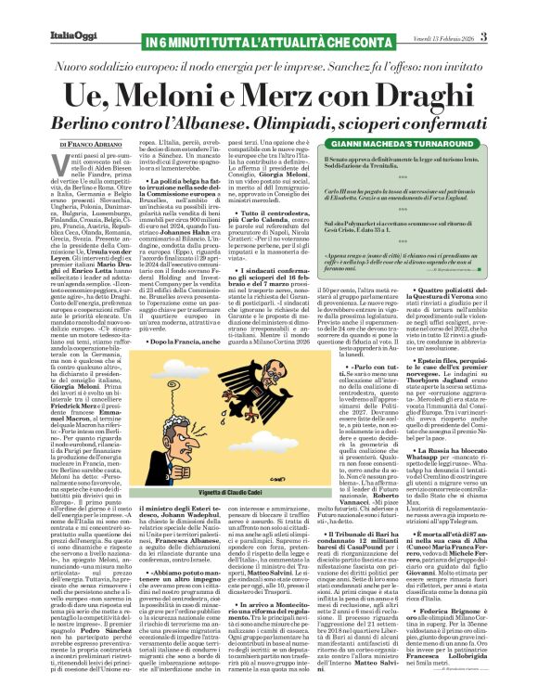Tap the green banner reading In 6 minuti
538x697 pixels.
click(x=269, y=42)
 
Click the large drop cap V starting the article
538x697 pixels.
click(x=65, y=166)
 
